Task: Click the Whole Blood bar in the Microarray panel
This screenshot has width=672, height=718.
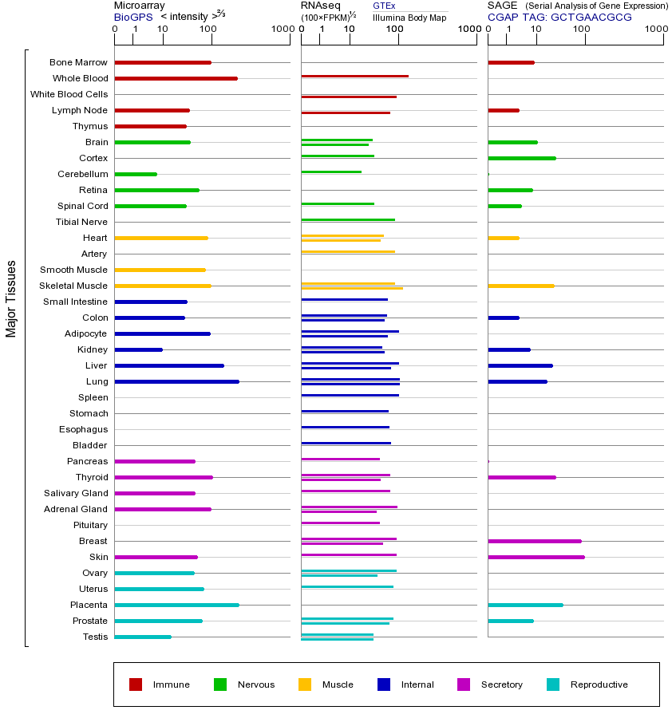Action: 176,78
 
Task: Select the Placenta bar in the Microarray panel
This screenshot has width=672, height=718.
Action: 176,605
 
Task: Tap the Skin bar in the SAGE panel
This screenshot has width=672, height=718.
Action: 536,557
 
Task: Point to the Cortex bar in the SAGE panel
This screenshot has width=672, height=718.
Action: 521,158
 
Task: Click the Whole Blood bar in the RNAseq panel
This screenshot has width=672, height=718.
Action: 354,76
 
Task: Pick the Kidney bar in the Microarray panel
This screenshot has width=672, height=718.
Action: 138,349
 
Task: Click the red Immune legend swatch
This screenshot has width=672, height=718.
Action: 136,684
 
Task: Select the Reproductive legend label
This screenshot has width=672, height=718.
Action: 599,684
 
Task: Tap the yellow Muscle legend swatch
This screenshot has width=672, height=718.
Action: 305,684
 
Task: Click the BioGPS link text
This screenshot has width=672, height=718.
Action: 133,17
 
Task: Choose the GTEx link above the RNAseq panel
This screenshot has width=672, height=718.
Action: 384,6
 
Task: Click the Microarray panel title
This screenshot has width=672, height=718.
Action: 139,6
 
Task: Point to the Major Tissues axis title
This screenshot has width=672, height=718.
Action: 11,298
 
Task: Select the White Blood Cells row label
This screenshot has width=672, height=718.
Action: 69,94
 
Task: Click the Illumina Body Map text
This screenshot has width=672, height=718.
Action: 409,17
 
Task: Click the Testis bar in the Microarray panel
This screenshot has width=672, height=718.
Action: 142,637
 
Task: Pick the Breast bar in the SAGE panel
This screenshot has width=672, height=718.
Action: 534,541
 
